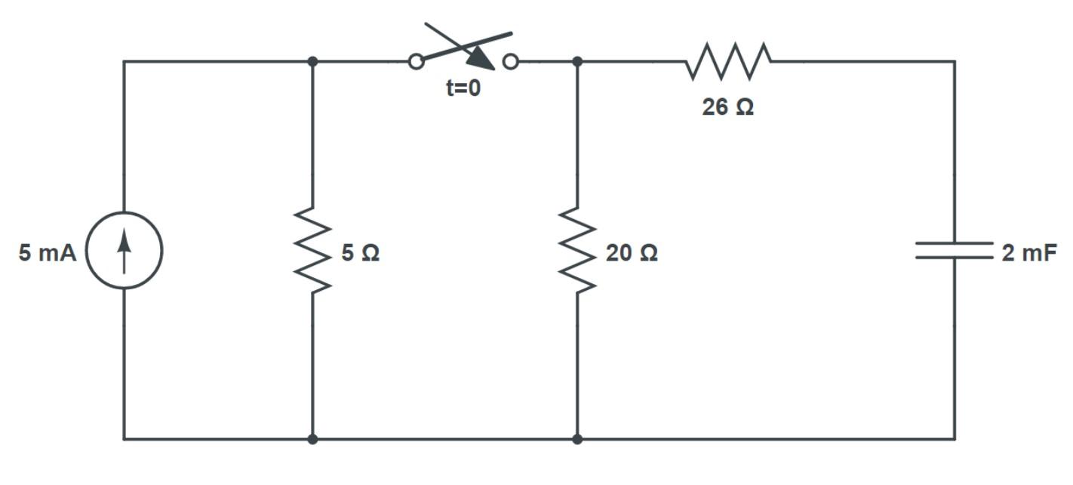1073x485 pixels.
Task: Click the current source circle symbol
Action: click(x=125, y=250)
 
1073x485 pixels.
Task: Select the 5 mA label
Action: click(x=48, y=253)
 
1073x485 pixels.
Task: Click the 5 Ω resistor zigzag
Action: click(x=312, y=250)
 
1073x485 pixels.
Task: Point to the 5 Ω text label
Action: click(x=360, y=253)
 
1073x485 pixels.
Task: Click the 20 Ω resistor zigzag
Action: click(x=577, y=250)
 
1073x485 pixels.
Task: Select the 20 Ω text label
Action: click(x=631, y=253)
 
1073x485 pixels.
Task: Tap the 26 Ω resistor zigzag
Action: click(x=728, y=61)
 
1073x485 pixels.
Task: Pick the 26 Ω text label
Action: click(x=727, y=107)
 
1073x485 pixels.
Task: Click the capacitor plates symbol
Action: click(x=955, y=250)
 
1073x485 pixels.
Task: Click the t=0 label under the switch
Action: click(x=463, y=88)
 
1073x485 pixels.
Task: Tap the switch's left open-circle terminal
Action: click(x=416, y=62)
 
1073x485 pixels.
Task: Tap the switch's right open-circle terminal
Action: click(x=511, y=62)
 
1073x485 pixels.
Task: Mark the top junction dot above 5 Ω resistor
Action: click(x=312, y=61)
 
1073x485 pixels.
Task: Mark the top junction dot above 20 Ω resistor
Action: click(x=577, y=61)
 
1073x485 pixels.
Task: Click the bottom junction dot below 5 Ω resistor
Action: click(x=312, y=438)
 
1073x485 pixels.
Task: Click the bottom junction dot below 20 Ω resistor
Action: click(x=577, y=438)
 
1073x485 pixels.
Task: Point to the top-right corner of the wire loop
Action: click(x=955, y=61)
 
